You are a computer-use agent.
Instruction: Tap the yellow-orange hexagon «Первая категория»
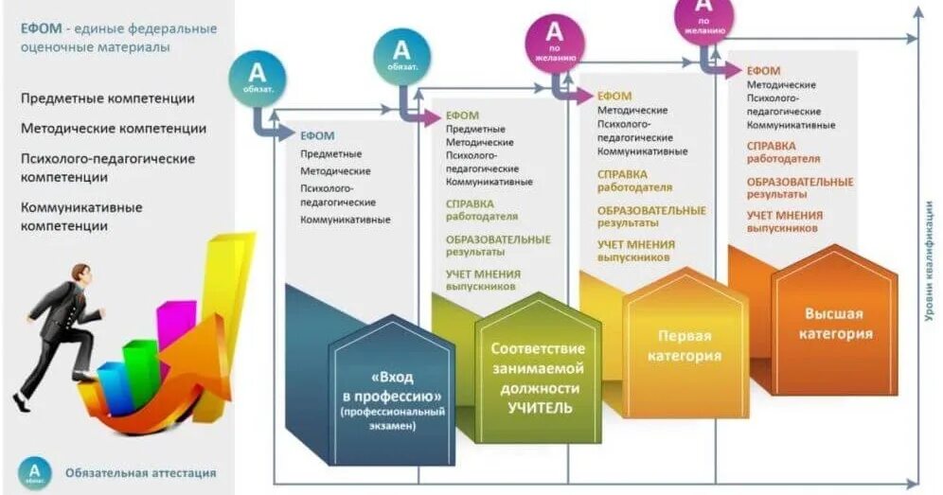coord(684,346)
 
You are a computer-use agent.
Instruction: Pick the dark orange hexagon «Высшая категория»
coord(834,324)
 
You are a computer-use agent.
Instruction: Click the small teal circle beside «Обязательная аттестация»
coord(35,471)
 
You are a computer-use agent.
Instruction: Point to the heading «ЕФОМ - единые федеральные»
coord(119,28)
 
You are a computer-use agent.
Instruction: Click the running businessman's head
coord(80,277)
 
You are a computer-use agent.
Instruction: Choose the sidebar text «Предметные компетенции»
coord(107,98)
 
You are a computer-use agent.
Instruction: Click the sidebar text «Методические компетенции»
coord(113,128)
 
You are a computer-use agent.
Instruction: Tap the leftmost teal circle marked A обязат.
coord(256,75)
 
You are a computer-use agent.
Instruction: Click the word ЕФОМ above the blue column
coord(317,135)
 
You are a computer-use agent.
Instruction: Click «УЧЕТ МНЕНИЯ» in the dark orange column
coord(785,215)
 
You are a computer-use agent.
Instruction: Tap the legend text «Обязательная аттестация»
coord(140,472)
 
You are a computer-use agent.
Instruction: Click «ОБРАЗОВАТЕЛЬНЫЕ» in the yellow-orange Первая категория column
coord(651,210)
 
